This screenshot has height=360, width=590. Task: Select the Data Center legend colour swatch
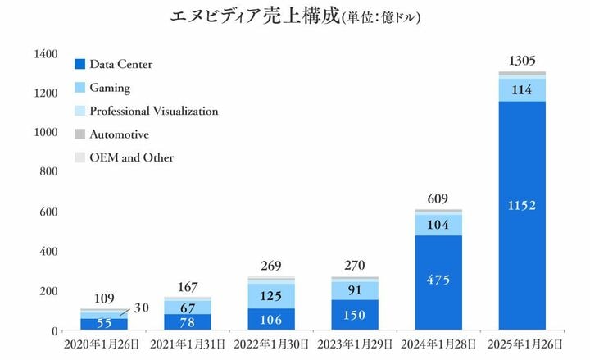[x=79, y=64]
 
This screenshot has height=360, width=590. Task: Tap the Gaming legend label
[x=110, y=88]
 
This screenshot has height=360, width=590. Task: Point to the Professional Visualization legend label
[x=153, y=111]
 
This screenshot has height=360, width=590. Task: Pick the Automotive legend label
[x=119, y=134]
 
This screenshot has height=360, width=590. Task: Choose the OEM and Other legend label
[x=131, y=157]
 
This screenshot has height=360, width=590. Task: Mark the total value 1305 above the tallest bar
[x=521, y=61]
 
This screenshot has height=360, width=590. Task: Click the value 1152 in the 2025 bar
[x=521, y=205]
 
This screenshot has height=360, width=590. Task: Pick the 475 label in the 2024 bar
[x=438, y=279]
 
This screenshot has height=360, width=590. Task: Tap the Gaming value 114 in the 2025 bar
[x=521, y=90]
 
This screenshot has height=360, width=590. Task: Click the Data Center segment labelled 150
[x=355, y=315]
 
